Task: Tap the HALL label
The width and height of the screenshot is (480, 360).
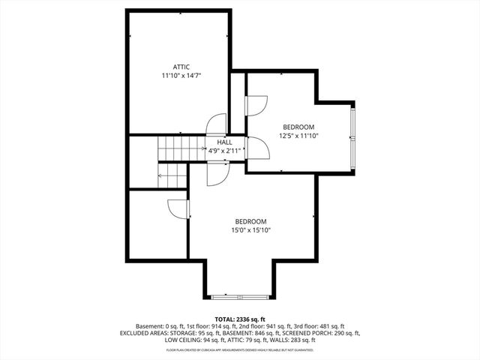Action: coord(224,141)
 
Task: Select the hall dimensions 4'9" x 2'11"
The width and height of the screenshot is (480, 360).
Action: coord(224,149)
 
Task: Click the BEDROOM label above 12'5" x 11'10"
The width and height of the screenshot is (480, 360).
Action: coord(298,127)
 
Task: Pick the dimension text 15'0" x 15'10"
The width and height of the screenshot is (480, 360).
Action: coord(250,231)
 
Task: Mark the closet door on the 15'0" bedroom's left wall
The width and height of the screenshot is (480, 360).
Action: coord(178,208)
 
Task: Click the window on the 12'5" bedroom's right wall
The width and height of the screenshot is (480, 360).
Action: coord(353,134)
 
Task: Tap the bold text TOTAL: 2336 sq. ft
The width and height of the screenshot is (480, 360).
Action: coord(239,319)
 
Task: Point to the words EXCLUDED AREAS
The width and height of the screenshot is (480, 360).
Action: coord(144,334)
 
